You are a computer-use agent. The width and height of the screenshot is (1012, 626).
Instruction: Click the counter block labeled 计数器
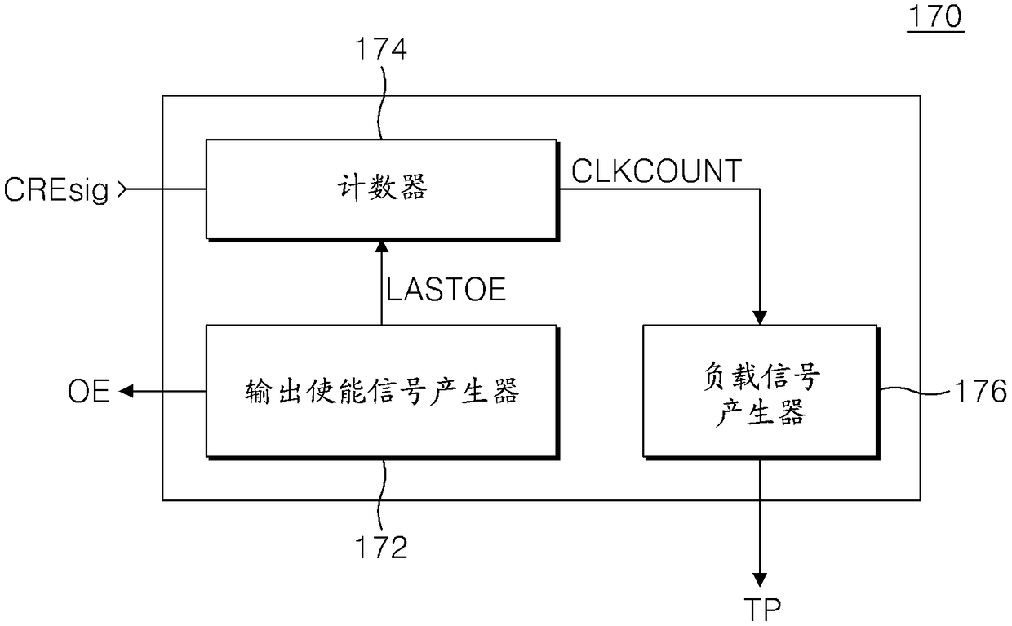coord(381,189)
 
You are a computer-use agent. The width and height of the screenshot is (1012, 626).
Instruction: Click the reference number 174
coord(379,51)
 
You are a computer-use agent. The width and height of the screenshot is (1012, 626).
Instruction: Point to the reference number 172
coord(379,547)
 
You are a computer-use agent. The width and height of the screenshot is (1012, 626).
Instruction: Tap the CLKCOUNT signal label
coord(655,171)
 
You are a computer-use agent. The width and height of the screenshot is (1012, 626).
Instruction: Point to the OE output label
coord(89,393)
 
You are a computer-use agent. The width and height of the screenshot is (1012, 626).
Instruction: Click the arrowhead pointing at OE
coord(126,393)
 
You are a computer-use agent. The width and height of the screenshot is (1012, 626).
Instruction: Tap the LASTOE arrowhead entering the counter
coord(381,246)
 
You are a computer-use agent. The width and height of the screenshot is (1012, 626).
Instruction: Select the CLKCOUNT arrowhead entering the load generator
coord(761,317)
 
